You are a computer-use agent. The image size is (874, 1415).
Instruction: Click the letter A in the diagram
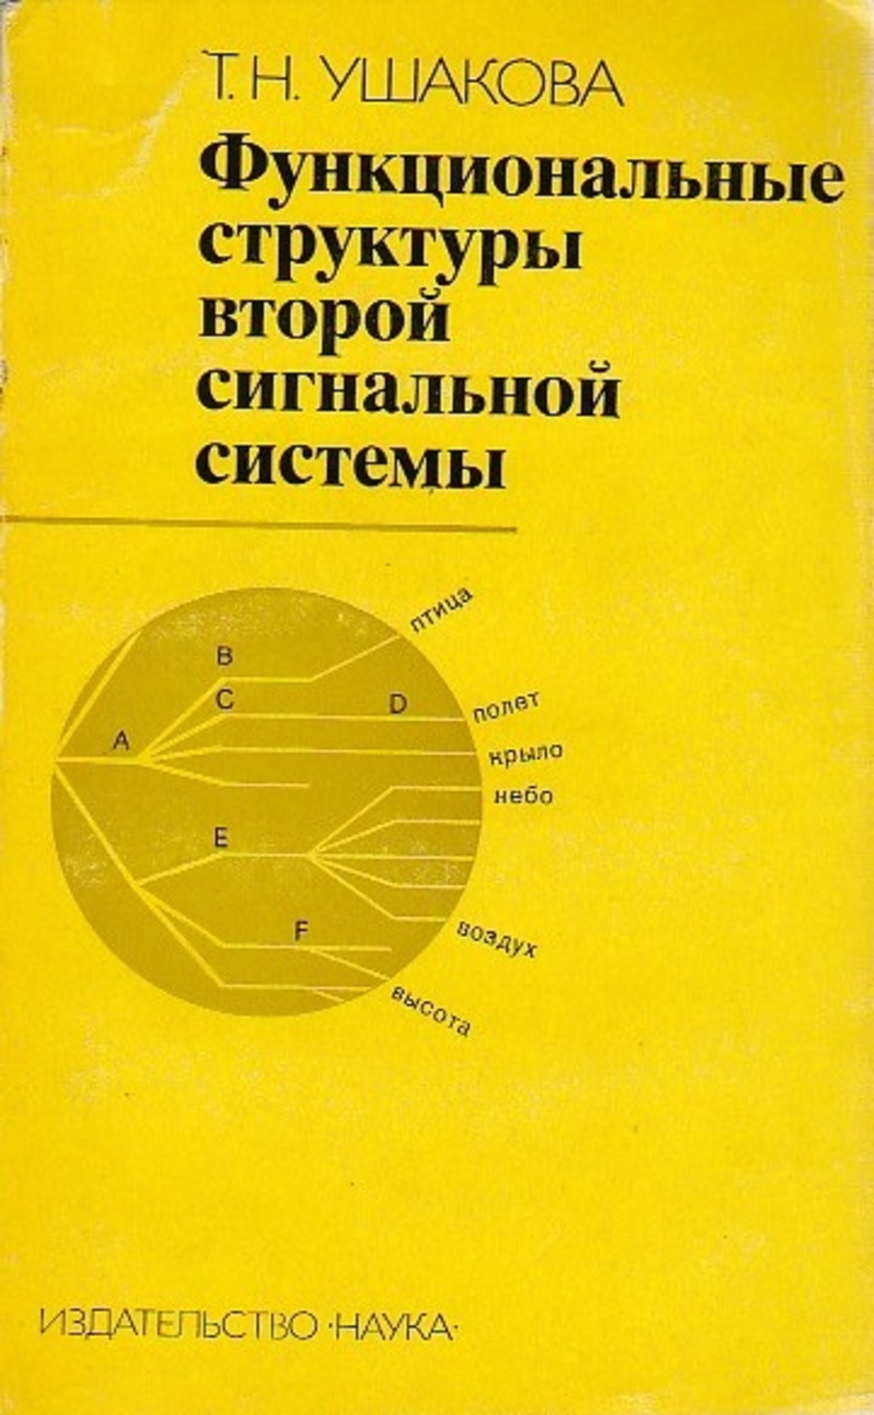point(121,740)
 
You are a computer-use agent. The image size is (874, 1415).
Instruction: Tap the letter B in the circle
point(225,656)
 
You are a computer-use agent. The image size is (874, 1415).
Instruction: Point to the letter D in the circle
point(397,705)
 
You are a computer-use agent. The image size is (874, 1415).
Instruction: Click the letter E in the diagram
point(221,838)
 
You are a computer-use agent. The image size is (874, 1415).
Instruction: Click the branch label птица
point(441,611)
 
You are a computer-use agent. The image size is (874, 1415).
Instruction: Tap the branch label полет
point(506,706)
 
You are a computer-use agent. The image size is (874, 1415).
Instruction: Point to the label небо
point(523,796)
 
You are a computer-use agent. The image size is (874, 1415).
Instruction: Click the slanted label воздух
point(496,939)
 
